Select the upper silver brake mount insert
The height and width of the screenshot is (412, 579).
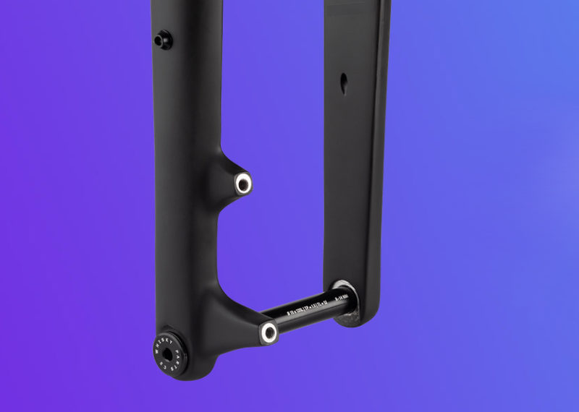[242, 184]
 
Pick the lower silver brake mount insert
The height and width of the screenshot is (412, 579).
[269, 332]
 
